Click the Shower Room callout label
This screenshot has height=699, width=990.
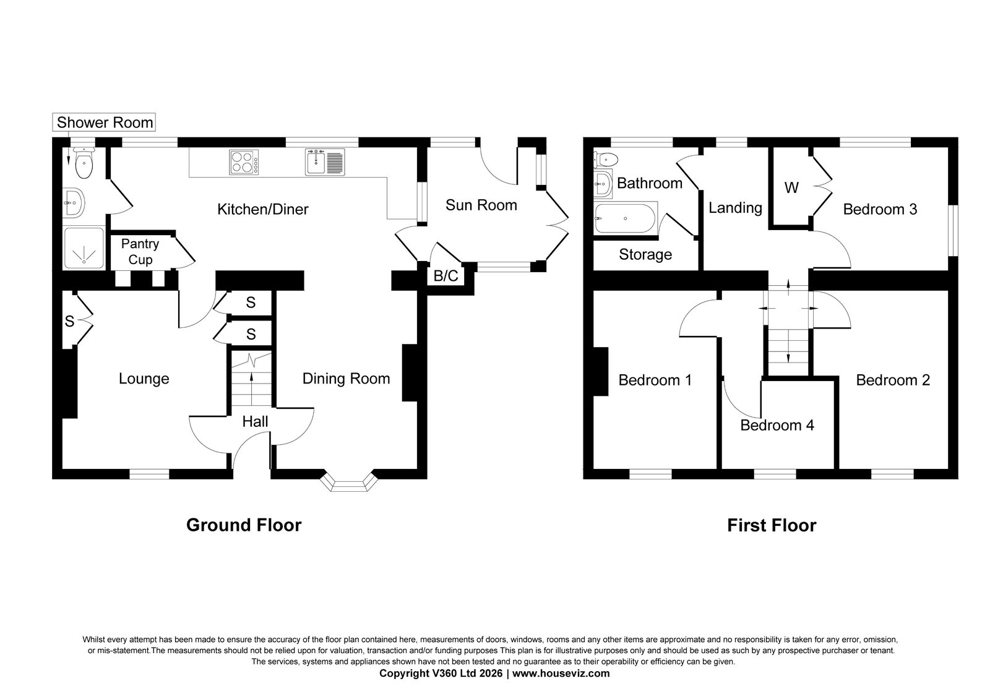point(105,122)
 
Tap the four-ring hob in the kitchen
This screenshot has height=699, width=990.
point(244,162)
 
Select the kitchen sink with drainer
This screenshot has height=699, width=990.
point(325,162)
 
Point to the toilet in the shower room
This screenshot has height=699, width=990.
point(84,163)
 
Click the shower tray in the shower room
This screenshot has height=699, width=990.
point(84,248)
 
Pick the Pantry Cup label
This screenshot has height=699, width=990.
point(140,251)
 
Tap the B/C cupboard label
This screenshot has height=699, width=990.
point(445,276)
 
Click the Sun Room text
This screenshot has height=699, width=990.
point(481,205)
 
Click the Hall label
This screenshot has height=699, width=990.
point(255,421)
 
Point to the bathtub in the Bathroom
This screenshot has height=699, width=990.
point(626,218)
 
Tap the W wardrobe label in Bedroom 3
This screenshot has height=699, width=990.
point(791,188)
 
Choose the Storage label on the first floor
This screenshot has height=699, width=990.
point(645,254)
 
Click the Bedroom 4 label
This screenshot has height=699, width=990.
point(777,425)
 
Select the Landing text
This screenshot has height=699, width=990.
point(736,208)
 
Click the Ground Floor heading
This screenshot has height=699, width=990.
point(244,525)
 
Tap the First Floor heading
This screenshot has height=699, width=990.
point(772,525)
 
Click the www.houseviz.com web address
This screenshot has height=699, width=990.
point(561,674)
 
